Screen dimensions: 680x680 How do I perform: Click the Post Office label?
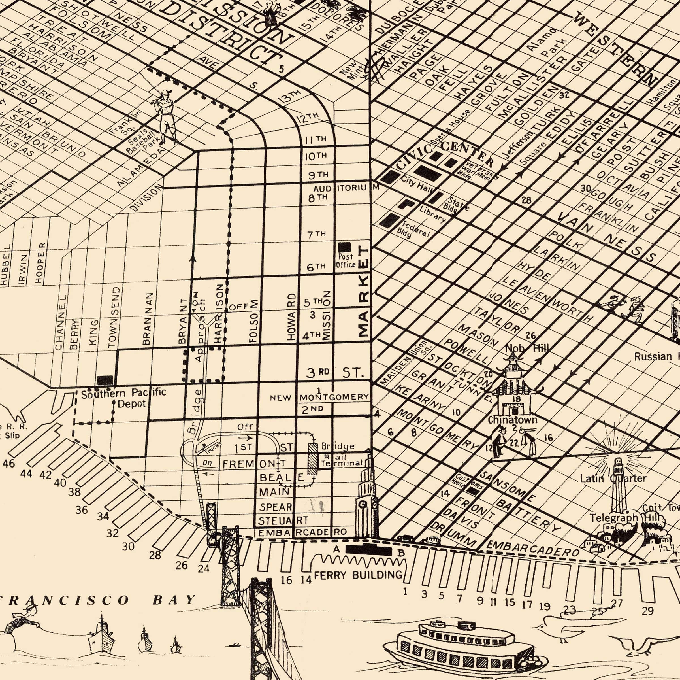[345, 261]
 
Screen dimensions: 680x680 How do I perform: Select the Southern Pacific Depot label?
[123, 398]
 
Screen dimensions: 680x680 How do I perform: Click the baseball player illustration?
[165, 116]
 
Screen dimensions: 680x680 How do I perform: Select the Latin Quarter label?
[613, 478]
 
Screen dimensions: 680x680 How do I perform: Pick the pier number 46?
[9, 464]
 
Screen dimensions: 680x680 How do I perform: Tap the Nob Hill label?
[526, 348]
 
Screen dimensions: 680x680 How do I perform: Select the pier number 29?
[648, 611]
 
